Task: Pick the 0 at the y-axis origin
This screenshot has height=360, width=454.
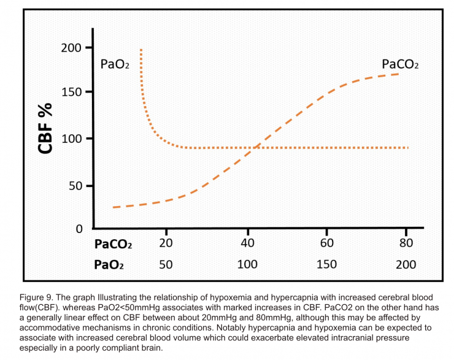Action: [79, 229]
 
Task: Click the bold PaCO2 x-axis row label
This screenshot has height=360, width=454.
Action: [113, 244]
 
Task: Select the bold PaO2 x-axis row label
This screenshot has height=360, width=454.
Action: [109, 265]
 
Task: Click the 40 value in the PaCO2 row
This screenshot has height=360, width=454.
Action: [248, 243]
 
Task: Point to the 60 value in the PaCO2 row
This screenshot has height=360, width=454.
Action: [327, 243]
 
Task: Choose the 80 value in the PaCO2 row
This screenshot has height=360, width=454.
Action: [406, 243]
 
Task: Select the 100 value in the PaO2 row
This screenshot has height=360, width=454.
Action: [248, 264]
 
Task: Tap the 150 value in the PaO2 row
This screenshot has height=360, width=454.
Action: [327, 264]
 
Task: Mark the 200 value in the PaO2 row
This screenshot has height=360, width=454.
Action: [406, 264]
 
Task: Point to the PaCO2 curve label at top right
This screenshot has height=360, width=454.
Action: [400, 64]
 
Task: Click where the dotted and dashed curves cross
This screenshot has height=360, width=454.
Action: [254, 147]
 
